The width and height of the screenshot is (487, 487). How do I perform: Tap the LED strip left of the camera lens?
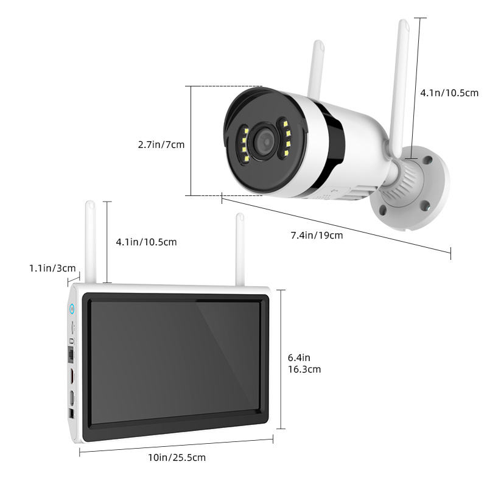coord(243,144)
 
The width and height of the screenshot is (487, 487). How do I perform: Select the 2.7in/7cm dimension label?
coord(161,144)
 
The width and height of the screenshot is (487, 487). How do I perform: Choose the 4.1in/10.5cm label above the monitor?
coord(146,242)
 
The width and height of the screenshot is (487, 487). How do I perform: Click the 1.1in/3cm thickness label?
coord(52,268)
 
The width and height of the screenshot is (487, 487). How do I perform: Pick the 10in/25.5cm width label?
coord(177,457)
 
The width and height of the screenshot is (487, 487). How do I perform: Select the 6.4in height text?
coord(300,357)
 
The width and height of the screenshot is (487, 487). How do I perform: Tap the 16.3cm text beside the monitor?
coord(304,369)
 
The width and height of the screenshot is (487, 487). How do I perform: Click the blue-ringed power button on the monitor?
coord(72,307)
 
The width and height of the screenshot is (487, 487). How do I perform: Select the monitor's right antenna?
coord(240,250)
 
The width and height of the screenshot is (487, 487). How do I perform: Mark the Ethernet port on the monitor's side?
coord(70,352)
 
